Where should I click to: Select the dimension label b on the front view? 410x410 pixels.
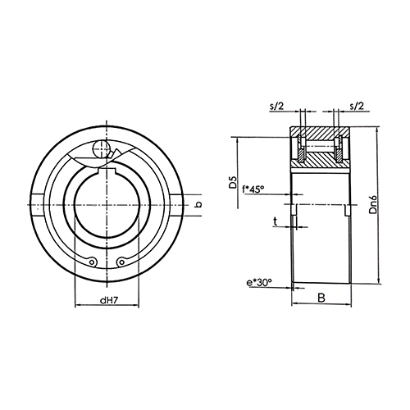[x=198, y=203]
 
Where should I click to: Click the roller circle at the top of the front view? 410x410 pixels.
[x=102, y=149]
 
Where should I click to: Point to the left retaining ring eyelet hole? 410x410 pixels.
[x=93, y=262]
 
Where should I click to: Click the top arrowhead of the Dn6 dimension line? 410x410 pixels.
[x=379, y=134]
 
